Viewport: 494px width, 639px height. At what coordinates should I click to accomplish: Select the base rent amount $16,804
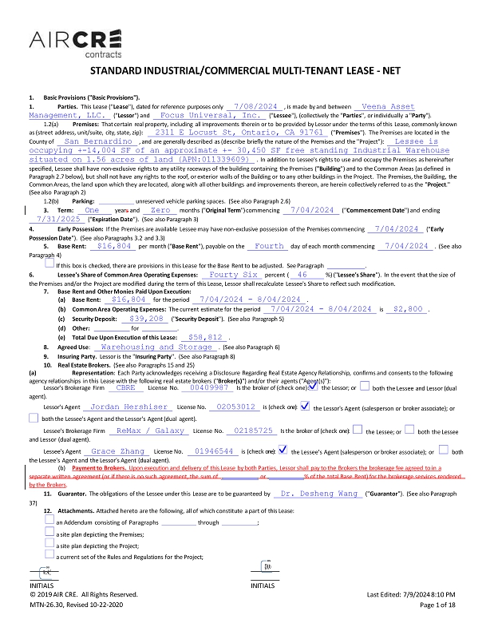click(112, 248)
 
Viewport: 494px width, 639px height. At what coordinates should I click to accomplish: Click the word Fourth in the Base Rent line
click(269, 248)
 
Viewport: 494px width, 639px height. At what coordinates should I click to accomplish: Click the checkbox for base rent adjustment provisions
click(49, 264)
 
